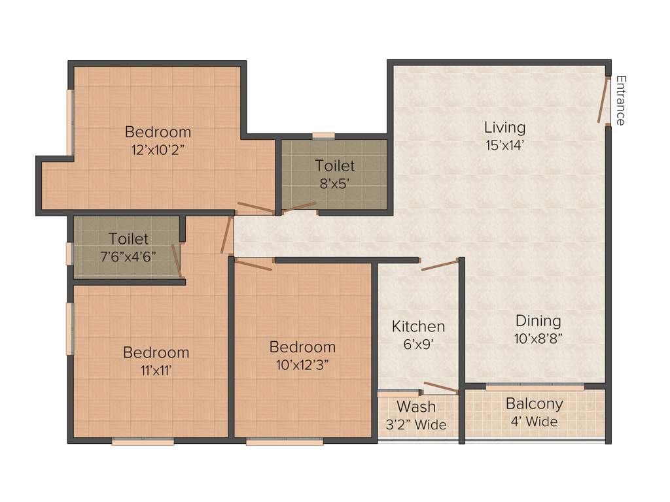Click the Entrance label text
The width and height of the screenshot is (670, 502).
click(x=620, y=101)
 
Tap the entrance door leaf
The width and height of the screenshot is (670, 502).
click(x=603, y=99)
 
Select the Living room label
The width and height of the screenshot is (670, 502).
click(x=504, y=127)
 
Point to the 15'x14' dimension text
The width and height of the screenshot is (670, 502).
click(x=504, y=144)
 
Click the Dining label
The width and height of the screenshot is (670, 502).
click(x=538, y=321)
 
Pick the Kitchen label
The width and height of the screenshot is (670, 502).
click(x=418, y=326)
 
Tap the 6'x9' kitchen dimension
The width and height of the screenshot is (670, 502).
click(x=418, y=344)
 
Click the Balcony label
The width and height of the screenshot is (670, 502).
click(x=534, y=404)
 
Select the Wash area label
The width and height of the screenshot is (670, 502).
click(x=416, y=407)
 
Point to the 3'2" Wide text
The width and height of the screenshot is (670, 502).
click(x=416, y=425)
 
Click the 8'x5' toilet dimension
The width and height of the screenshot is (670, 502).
click(x=334, y=184)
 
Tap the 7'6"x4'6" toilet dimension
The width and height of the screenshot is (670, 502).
click(x=128, y=257)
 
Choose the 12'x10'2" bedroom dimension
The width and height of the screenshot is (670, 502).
click(x=158, y=149)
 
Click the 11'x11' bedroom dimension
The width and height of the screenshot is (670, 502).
click(x=156, y=370)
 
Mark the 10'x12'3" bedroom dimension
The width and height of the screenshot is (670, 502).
click(x=302, y=364)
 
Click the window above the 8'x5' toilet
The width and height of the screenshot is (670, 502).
click(x=323, y=136)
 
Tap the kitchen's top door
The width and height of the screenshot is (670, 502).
click(x=439, y=265)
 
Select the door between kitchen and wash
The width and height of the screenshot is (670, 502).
click(x=440, y=388)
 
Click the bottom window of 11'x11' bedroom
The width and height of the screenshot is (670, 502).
click(x=143, y=442)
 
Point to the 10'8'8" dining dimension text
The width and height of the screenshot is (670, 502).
click(x=538, y=339)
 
